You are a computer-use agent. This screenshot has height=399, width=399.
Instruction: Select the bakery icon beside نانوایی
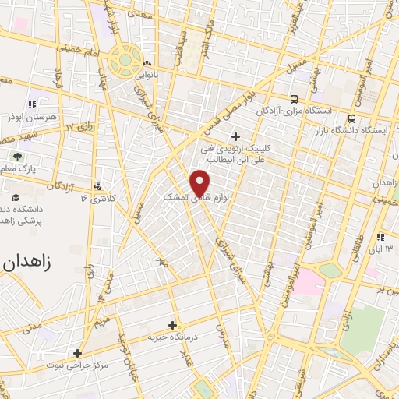tap(147, 64)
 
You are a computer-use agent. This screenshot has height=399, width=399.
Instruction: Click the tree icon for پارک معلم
tap(19, 156)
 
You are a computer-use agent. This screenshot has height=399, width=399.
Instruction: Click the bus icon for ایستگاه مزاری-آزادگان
tap(294, 99)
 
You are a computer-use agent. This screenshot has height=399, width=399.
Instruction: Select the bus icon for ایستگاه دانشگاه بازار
tap(352, 119)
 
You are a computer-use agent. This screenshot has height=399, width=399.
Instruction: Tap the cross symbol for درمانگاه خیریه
tap(172, 325)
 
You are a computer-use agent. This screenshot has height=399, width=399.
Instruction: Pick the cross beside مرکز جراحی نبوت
tap(77, 352)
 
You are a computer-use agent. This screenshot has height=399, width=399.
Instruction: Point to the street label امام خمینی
tap(77, 48)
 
